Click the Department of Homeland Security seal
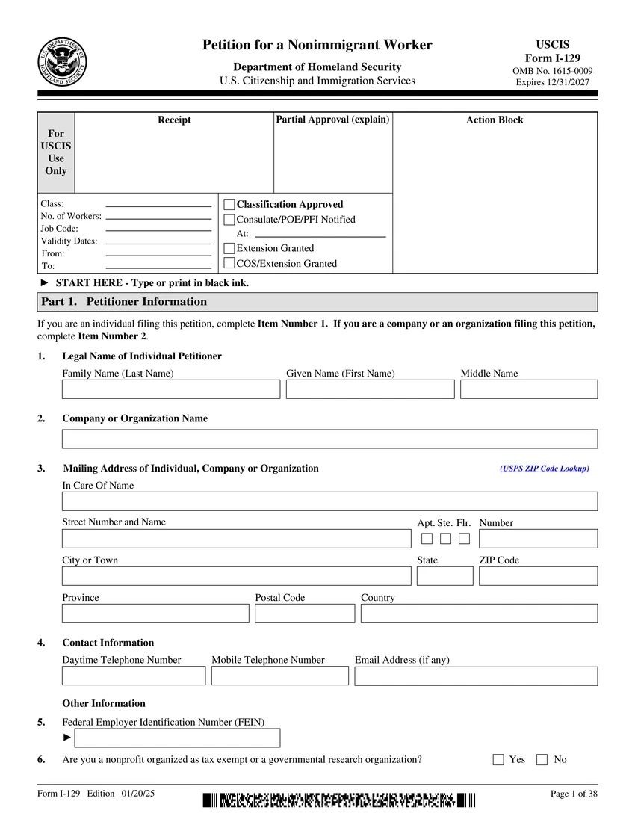click(x=62, y=61)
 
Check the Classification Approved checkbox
click(x=229, y=204)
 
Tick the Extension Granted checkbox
click(x=229, y=248)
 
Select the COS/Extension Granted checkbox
click(x=229, y=263)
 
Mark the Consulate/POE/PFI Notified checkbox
click(x=229, y=220)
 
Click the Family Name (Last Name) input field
click(x=170, y=389)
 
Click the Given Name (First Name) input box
click(x=370, y=389)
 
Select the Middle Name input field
click(x=528, y=389)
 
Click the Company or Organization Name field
click(x=329, y=439)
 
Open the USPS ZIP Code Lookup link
click(x=544, y=469)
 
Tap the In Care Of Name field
click(x=329, y=501)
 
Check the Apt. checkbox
click(x=427, y=539)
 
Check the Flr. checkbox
click(x=464, y=539)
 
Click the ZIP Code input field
click(x=538, y=576)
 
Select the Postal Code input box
click(x=305, y=614)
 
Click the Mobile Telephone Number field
click(x=279, y=676)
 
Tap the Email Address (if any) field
click(x=476, y=676)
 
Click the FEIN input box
click(x=177, y=738)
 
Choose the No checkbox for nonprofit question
click(x=542, y=760)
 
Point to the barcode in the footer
click(x=338, y=800)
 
